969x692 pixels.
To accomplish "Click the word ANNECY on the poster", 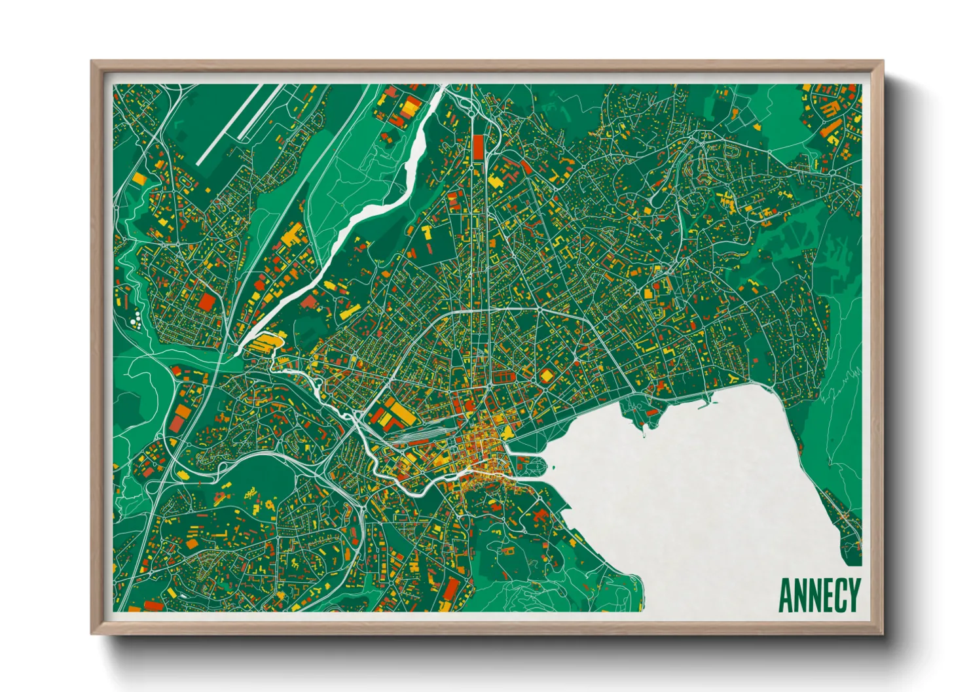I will pos(818,595).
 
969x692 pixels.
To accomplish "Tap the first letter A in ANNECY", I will pos(786,595).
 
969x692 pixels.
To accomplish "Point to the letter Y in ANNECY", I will pos(853,595).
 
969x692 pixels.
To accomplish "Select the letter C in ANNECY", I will pos(839,595).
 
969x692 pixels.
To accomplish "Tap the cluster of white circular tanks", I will pos(136,320).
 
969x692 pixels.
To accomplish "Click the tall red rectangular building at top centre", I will pos(477,147).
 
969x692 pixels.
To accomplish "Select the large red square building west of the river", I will pos(207,302).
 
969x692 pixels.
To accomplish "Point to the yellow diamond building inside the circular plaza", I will pos(546,376).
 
